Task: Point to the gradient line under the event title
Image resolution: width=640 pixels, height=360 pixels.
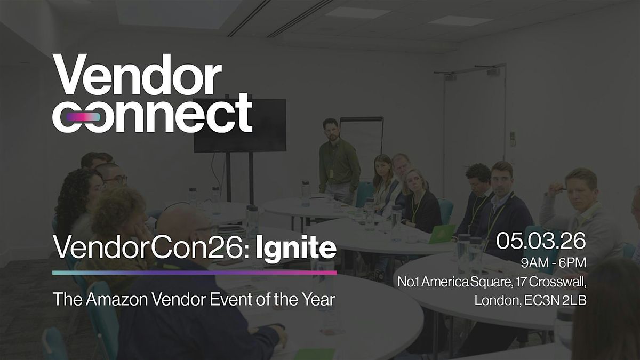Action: pyautogui.click(x=194, y=272)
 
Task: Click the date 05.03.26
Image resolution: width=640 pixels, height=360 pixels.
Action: pyautogui.click(x=541, y=242)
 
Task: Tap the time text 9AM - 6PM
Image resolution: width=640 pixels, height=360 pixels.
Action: pyautogui.click(x=555, y=263)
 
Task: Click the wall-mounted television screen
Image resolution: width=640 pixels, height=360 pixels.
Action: pyautogui.click(x=239, y=125)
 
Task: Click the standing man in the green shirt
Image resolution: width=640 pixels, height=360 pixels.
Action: pyautogui.click(x=339, y=160)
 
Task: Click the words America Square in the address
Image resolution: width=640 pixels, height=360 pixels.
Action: pyautogui.click(x=459, y=282)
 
